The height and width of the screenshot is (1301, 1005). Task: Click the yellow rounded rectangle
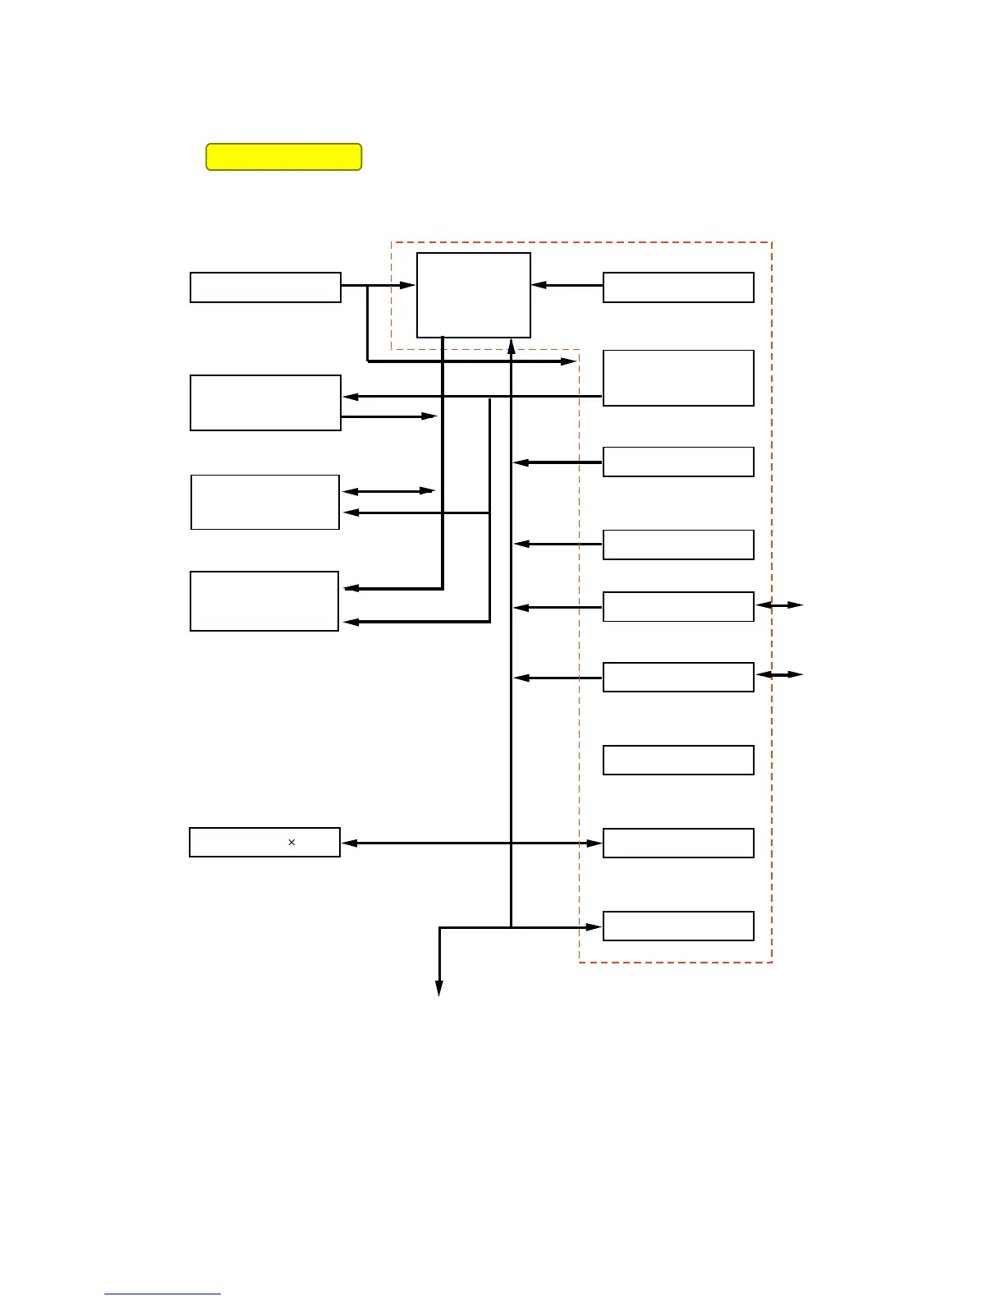[x=283, y=157]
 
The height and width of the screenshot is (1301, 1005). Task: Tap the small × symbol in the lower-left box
[x=291, y=843]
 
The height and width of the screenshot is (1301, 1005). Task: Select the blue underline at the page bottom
[x=163, y=1294]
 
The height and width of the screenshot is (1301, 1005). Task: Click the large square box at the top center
[x=474, y=295]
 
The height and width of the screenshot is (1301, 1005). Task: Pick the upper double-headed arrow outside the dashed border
[x=779, y=605]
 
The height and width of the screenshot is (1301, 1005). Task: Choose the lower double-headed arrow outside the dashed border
[x=779, y=675]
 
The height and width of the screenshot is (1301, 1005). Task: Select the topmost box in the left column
[x=265, y=287]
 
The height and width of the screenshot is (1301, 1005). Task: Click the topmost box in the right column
[x=678, y=287]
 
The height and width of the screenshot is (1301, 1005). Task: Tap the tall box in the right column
[x=678, y=378]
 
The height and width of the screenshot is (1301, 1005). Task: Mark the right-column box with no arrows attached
[x=678, y=761]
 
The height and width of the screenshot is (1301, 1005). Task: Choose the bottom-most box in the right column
[x=678, y=926]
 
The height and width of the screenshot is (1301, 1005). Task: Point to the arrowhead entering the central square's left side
[x=408, y=286]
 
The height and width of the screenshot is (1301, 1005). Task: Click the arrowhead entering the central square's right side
[x=539, y=286]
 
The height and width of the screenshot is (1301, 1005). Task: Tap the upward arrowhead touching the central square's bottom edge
[x=511, y=346]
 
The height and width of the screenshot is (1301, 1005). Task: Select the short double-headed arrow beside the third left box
[x=388, y=491]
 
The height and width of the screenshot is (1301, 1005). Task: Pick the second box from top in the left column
[x=265, y=402]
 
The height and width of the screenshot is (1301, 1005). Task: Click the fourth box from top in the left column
[x=264, y=601]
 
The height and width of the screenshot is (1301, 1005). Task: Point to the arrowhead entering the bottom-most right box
[x=594, y=927]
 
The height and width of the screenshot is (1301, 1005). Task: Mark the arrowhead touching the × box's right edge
[x=350, y=844]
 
